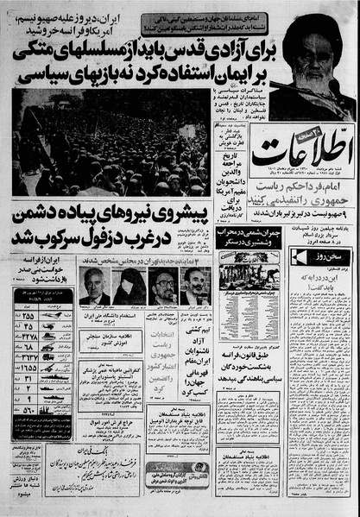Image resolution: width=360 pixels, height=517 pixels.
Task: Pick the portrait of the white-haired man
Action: pyautogui.click(x=93, y=287)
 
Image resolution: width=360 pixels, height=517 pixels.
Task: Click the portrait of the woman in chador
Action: pyautogui.click(x=127, y=287)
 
